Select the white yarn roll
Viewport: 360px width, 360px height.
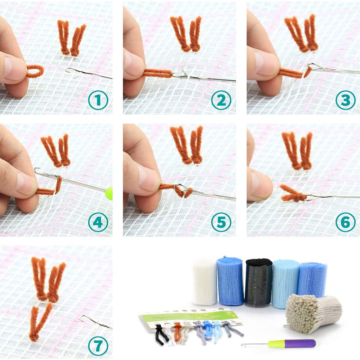(205, 281)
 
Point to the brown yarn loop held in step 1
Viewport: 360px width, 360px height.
(35, 71)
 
